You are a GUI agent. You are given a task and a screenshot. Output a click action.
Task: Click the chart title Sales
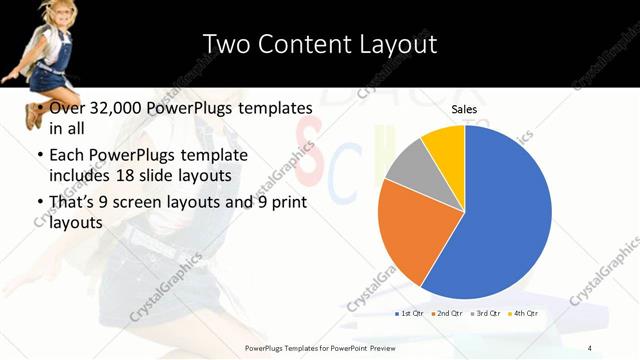464,108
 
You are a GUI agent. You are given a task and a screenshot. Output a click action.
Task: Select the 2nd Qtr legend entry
446,314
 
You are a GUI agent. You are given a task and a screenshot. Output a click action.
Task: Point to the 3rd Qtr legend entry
486,314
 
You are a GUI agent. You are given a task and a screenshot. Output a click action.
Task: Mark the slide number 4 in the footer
590,347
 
